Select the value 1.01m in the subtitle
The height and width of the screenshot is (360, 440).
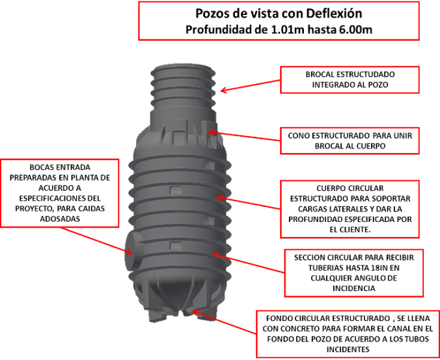tap(288, 29)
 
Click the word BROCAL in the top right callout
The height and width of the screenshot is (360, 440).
tap(320, 74)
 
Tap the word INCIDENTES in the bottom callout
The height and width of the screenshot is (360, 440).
tap(348, 350)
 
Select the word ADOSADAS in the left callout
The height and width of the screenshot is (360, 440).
tap(60, 219)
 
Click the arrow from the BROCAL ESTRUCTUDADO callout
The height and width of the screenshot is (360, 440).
tap(251, 85)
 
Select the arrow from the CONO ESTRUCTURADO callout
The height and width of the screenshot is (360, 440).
tap(244, 136)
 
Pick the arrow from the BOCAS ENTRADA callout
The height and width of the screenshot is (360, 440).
tap(97, 241)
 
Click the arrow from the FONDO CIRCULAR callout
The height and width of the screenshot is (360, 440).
tap(224, 322)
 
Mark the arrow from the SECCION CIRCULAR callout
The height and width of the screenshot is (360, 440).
tap(249, 262)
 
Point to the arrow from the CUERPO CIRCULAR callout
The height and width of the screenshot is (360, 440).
tap(249, 203)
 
